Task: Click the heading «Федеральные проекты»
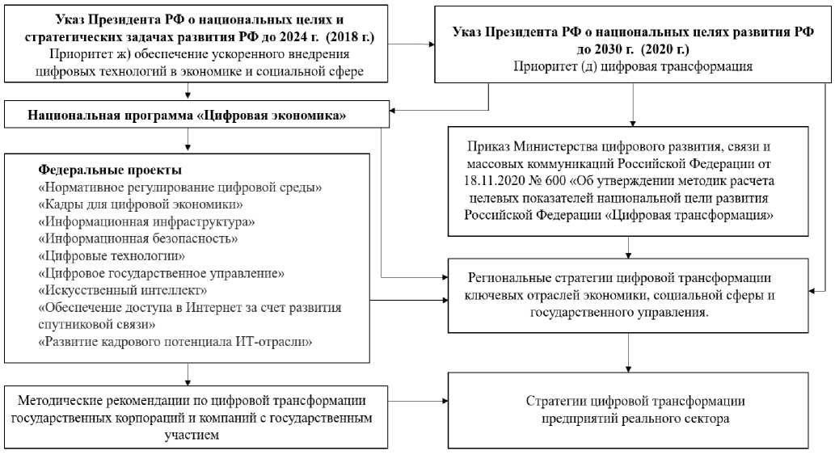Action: tap(110, 171)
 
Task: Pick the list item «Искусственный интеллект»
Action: tap(123, 290)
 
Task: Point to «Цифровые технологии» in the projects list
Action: tap(110, 255)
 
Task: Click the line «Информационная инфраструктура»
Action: tap(147, 221)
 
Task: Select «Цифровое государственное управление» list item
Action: tap(161, 273)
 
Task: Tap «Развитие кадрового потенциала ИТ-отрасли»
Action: tap(175, 342)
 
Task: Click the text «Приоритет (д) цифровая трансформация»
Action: tap(633, 66)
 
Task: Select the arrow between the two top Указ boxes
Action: tap(421, 44)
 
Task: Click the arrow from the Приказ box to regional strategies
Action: tap(630, 246)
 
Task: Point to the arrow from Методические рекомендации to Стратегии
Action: tap(417, 401)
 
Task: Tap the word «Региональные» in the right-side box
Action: tap(513, 277)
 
